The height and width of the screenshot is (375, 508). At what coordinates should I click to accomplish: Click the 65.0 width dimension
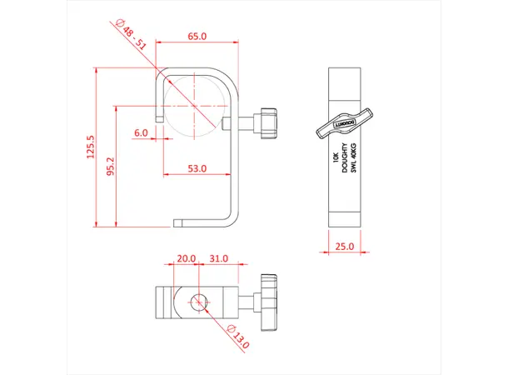(x=197, y=37)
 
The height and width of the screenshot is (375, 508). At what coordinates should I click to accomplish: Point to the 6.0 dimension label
(x=140, y=132)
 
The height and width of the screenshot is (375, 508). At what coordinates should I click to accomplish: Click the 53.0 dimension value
(x=197, y=168)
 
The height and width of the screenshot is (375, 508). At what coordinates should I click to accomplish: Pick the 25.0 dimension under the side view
(x=344, y=246)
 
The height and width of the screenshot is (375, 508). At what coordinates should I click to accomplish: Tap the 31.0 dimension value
(x=218, y=258)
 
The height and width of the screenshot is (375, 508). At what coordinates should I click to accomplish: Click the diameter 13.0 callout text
(x=239, y=336)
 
